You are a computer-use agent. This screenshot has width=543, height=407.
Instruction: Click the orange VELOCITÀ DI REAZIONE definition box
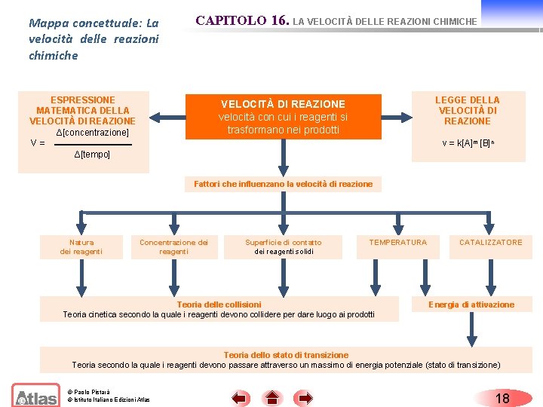tap(283, 116)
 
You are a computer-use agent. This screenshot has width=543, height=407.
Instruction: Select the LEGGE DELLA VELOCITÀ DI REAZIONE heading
tap(468, 110)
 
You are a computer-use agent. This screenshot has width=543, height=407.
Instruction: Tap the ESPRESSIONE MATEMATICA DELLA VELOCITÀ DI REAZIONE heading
tap(82, 110)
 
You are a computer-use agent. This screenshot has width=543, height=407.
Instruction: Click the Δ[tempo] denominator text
tap(92, 155)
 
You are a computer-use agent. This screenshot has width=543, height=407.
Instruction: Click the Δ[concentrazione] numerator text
tap(93, 133)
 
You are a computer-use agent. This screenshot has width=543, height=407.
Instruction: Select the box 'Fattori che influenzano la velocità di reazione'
tap(283, 184)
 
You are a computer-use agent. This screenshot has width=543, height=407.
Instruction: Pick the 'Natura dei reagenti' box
tap(81, 246)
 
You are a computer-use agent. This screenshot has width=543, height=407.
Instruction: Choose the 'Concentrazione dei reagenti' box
tap(173, 246)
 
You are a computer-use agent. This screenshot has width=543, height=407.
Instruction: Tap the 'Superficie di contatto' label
tap(284, 243)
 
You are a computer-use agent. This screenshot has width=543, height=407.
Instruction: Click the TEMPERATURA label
tap(397, 243)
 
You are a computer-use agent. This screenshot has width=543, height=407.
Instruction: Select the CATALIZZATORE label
tap(490, 243)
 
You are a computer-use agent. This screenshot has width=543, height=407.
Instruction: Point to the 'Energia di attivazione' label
tap(471, 304)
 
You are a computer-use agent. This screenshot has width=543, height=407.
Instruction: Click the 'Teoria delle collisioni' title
tap(219, 304)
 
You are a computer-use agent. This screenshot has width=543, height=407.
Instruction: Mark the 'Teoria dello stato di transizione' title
tap(286, 355)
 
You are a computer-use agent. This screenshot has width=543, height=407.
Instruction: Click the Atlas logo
tap(36, 396)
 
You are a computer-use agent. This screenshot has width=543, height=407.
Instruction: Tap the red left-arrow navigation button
tap(241, 398)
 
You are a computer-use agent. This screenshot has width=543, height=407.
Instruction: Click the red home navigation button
tap(272, 398)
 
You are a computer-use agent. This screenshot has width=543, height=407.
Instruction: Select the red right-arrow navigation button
tap(304, 398)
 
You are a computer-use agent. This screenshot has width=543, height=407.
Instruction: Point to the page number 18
tap(502, 398)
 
